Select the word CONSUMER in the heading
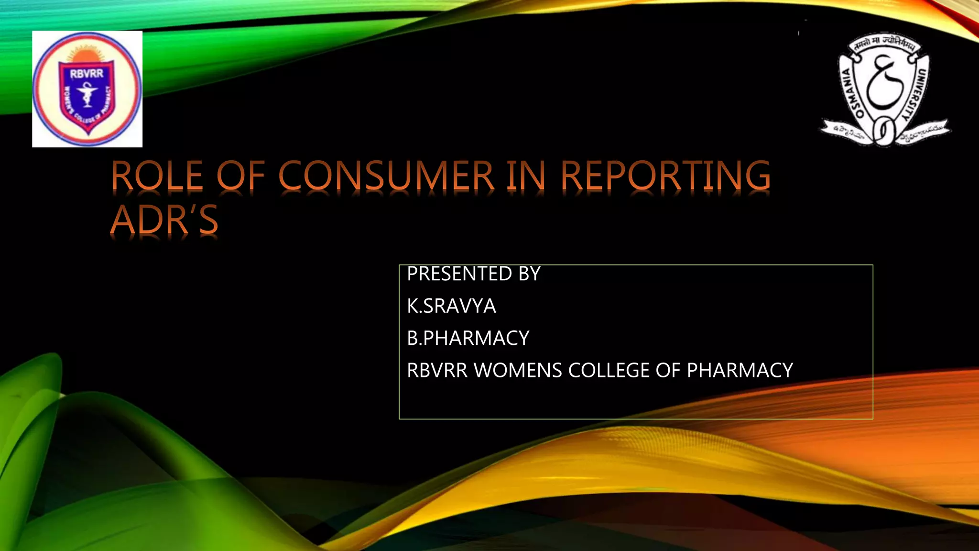[386, 176]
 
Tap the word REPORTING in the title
[665, 176]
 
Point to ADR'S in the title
[164, 220]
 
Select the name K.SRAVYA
[451, 306]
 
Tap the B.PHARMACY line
[468, 338]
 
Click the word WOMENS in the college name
[518, 371]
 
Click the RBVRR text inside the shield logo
[87, 74]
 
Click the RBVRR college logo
[87, 89]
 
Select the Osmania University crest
[884, 89]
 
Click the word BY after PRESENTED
[529, 274]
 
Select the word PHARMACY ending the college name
[740, 371]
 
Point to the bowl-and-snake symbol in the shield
[87, 94]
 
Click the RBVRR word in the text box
[437, 371]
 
